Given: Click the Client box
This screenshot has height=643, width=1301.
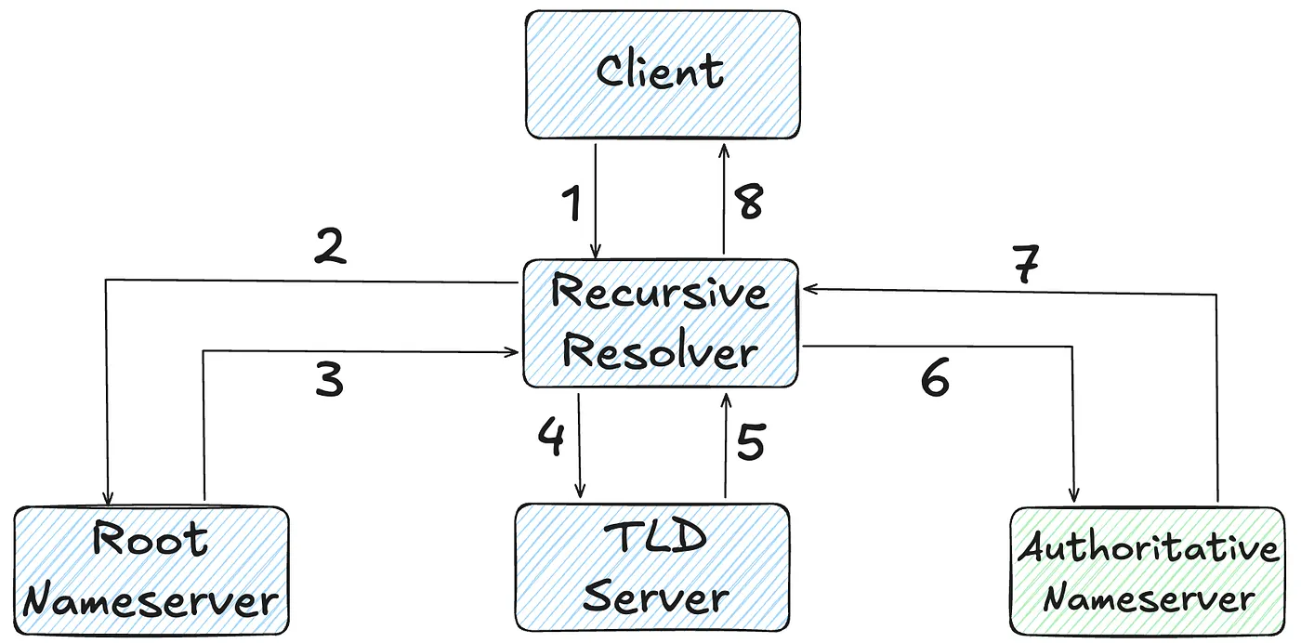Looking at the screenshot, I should (662, 74).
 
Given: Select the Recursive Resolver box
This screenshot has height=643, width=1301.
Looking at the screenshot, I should (661, 322).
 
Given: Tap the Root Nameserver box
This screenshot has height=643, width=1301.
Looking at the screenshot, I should (151, 571).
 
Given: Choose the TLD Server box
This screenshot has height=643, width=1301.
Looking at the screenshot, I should (652, 569).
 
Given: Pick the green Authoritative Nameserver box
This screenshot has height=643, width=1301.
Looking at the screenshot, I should (1147, 571).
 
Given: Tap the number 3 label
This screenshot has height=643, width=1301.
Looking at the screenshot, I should (329, 380).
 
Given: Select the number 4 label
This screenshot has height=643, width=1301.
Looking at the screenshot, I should (551, 437).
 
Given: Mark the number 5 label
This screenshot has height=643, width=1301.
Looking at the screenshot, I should (750, 441).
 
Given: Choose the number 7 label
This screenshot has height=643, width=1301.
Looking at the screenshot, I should (1025, 266).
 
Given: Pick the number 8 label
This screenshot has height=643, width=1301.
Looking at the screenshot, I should (748, 202).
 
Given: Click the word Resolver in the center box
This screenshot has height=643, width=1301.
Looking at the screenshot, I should (661, 354).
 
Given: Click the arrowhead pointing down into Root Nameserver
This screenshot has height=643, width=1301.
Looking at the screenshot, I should (109, 499).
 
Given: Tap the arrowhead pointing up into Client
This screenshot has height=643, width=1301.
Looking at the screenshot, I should (723, 149).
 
